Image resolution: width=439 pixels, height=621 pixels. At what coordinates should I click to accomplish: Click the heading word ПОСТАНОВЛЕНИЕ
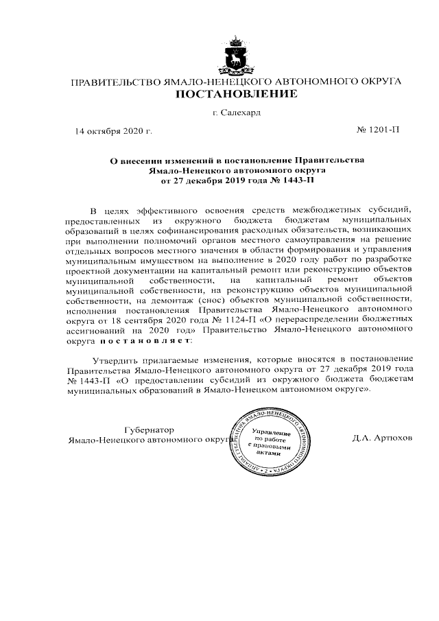237,94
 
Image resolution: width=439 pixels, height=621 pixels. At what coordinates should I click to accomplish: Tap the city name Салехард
241,112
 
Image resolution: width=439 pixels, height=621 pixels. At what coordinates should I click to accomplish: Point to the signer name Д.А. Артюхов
378,438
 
